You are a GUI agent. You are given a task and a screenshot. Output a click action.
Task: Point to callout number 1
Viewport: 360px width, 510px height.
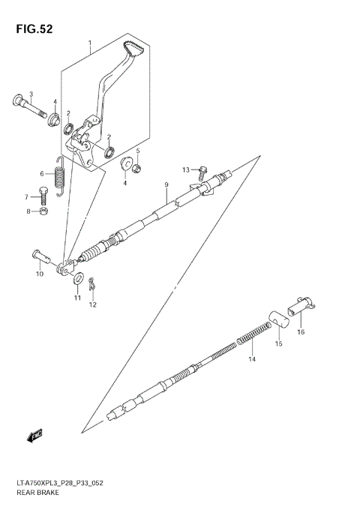point(90,43)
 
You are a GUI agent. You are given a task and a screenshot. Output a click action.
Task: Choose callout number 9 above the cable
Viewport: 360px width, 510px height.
point(166,185)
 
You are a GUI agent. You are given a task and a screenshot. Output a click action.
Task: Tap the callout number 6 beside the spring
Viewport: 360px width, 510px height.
point(43,173)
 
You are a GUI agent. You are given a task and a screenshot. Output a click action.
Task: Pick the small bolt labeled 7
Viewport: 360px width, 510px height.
point(44,196)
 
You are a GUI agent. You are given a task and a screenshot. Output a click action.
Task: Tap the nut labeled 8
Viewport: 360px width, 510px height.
point(43,212)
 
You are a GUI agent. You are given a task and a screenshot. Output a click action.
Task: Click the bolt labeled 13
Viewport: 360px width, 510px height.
point(201,173)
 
